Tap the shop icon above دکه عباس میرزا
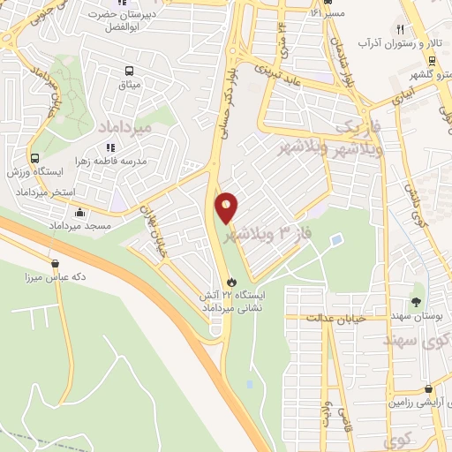(56, 262)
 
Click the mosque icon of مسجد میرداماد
(80, 212)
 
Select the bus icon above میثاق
(130, 71)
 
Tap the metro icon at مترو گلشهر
(433, 61)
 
